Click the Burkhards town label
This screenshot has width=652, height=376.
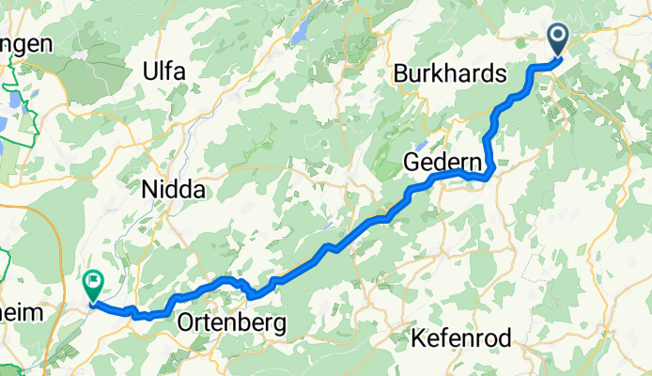450,74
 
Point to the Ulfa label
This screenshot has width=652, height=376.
164,71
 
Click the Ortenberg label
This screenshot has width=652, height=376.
231,324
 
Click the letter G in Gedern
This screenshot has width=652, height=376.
411,163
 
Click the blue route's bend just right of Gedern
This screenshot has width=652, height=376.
487,174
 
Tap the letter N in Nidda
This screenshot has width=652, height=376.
148,190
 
